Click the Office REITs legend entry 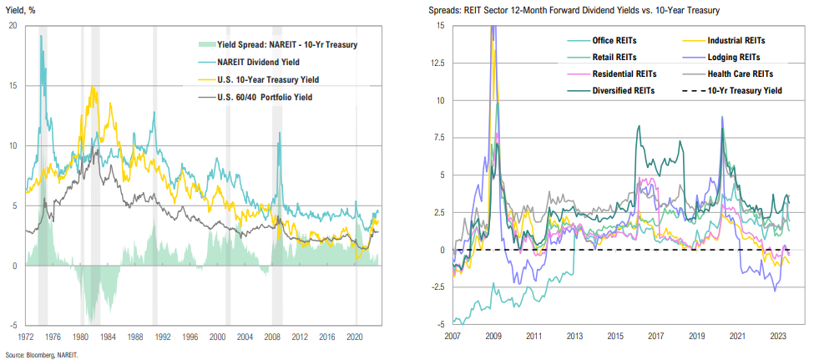(593, 40)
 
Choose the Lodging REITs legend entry (736, 57)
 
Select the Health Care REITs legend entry (742, 74)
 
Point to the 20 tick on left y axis (12, 25)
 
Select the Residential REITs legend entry (603, 74)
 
